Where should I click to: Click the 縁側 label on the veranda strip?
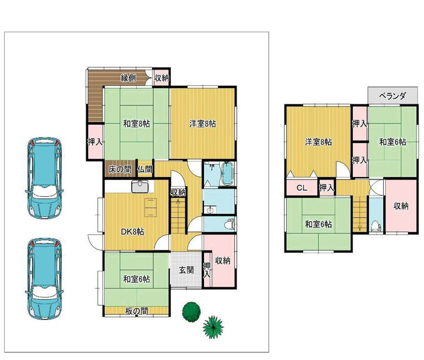pos(128,78)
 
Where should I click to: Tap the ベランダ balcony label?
pos(392,96)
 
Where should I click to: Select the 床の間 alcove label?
pos(120,170)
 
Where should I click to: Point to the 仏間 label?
pos(145,170)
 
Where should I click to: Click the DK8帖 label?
pos(132,232)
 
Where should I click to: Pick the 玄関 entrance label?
pos(187,270)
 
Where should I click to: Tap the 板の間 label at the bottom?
pos(137,311)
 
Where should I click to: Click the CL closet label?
pos(302,188)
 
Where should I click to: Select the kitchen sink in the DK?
pos(140,186)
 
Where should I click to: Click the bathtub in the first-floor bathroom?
pos(227,174)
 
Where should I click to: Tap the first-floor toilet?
pos(230,224)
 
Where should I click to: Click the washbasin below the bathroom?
pos(210,209)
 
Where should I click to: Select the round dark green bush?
pos(191,312)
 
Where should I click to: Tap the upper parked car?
pos(45,178)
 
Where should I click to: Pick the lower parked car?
pos(45,279)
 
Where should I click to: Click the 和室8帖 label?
pos(137,124)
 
